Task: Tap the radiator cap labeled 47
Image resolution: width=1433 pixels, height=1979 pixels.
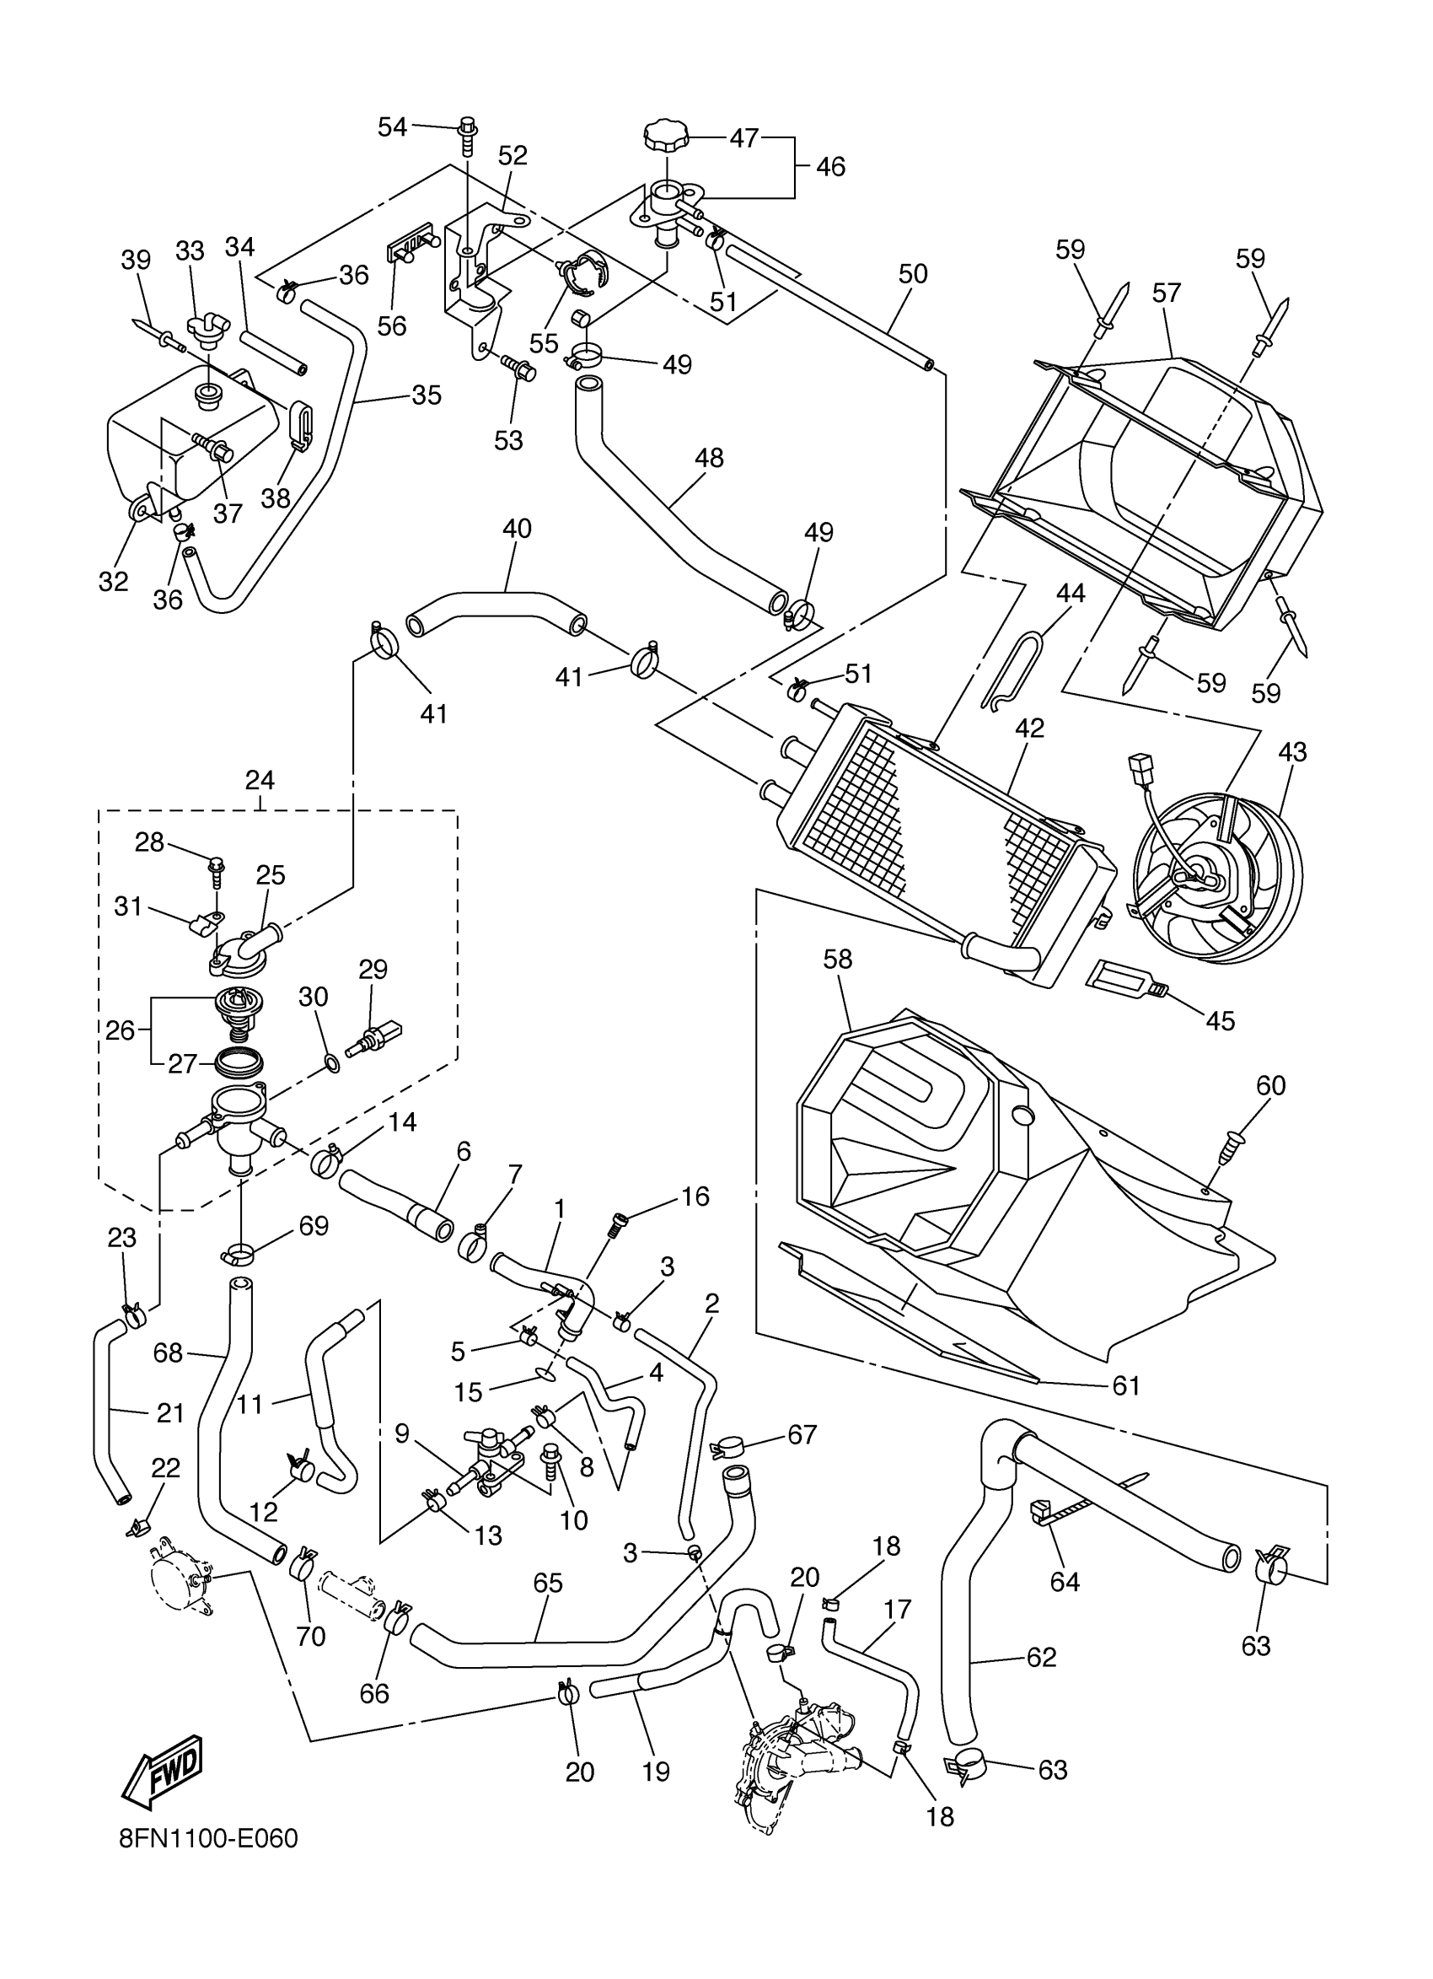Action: click(x=665, y=137)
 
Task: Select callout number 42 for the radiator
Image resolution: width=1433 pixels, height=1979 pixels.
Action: click(x=1030, y=728)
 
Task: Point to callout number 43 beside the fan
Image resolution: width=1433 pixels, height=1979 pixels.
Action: click(x=1292, y=751)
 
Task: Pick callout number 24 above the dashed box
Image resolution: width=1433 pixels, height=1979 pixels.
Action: click(x=260, y=779)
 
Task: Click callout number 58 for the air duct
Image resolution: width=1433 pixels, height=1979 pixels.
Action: click(x=837, y=959)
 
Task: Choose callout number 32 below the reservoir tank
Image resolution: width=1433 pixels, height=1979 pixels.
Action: click(x=114, y=581)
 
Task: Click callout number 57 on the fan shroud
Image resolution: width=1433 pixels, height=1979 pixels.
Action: click(x=1166, y=293)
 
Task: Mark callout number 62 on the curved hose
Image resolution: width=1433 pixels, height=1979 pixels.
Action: click(x=1041, y=1657)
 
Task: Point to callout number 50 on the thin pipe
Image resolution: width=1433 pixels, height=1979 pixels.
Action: click(x=912, y=274)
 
